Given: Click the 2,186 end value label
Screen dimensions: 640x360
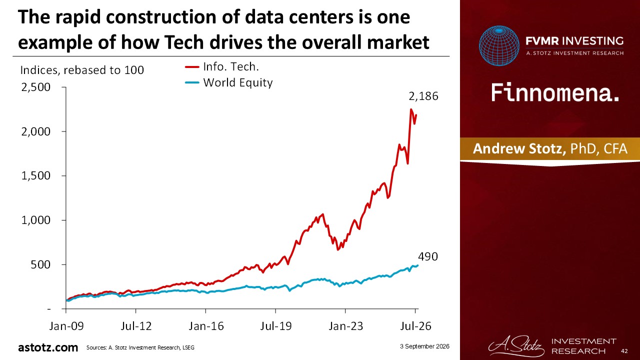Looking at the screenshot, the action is pos(423,96).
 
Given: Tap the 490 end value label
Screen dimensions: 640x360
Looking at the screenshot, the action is pos(427,256).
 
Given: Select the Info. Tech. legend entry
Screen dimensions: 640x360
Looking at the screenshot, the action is pos(222,67).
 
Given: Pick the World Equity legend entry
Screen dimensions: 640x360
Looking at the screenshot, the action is pos(229,82).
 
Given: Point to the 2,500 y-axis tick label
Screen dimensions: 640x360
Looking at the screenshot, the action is pos(35,87).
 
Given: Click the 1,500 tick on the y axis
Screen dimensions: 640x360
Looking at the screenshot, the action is pos(35,175).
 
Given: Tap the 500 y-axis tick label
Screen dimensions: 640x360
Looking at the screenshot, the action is pos(40,264).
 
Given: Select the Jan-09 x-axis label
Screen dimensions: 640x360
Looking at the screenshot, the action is pos(66,326).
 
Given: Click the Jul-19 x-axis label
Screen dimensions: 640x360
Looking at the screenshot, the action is pos(275,326).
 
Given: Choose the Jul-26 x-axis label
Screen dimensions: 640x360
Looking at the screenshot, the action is pos(415,326).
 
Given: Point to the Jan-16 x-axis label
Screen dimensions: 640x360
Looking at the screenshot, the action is pos(206,326).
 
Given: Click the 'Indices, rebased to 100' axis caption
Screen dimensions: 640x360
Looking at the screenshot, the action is pos(82,70).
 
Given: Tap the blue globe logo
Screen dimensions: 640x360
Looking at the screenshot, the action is pos(499,45).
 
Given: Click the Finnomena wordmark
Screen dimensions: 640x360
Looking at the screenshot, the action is pos(555,93).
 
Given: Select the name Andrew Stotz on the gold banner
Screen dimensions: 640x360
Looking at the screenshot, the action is pos(519,149).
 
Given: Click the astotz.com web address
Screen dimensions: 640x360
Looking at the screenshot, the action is pos(48,347).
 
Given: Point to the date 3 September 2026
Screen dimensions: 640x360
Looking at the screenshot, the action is pos(424,346).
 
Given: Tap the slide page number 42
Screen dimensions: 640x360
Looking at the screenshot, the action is pos(624,351).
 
